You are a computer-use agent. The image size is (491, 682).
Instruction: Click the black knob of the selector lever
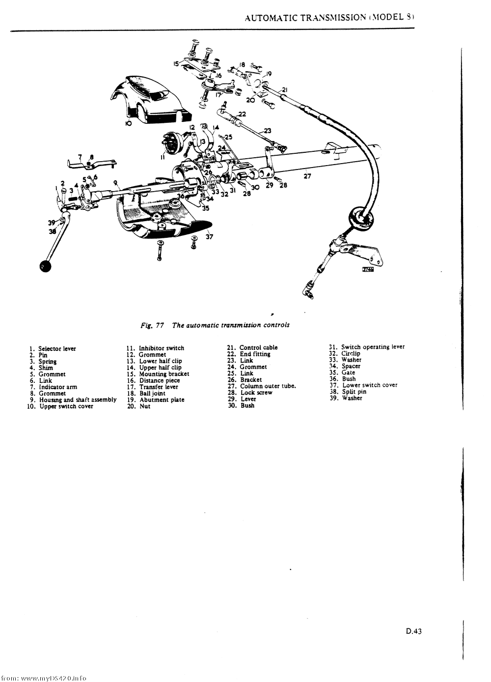pyautogui.click(x=46, y=267)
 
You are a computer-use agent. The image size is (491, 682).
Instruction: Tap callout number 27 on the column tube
pyautogui.click(x=307, y=176)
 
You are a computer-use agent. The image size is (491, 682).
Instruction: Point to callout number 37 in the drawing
pyautogui.click(x=210, y=237)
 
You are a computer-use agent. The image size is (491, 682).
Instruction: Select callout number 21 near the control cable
pyautogui.click(x=284, y=90)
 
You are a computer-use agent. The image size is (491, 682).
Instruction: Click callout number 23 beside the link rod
pyautogui.click(x=267, y=130)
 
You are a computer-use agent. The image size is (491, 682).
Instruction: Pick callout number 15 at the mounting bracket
pyautogui.click(x=176, y=63)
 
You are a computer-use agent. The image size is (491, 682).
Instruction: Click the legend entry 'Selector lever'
pyautogui.click(x=57, y=349)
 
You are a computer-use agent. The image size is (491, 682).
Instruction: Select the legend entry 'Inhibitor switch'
pyautogui.click(x=161, y=348)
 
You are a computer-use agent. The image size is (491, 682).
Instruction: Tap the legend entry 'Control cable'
pyautogui.click(x=258, y=347)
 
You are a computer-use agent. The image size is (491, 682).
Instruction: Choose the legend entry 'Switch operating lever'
pyautogui.click(x=373, y=347)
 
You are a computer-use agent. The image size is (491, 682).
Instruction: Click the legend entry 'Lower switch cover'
pyautogui.click(x=370, y=385)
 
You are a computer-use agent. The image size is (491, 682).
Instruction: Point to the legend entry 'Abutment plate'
pyautogui.click(x=162, y=400)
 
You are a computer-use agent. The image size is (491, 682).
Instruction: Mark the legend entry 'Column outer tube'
pyautogui.click(x=268, y=386)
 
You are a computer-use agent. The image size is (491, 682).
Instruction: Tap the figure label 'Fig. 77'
pyautogui.click(x=152, y=325)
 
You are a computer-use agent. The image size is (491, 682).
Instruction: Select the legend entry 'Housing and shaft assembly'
pyautogui.click(x=78, y=400)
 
